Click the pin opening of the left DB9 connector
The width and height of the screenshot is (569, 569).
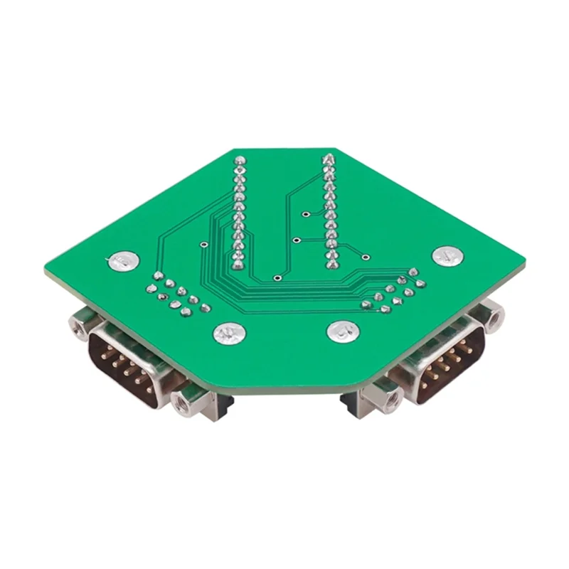point(125,358)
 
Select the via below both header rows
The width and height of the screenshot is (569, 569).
point(276,277)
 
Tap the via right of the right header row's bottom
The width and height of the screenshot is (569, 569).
point(365,257)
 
